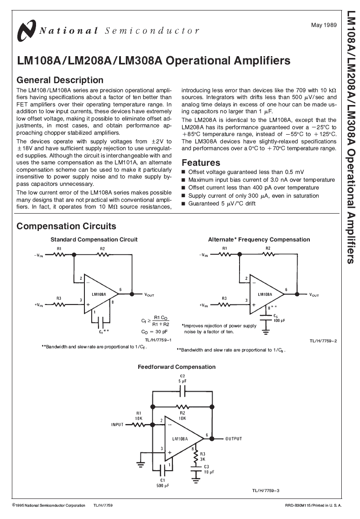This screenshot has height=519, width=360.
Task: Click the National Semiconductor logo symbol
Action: [x=26, y=31]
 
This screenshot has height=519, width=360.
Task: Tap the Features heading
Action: [x=201, y=163]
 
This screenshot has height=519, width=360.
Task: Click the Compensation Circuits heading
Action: [x=66, y=226]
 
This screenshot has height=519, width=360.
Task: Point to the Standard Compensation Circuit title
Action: [x=94, y=239]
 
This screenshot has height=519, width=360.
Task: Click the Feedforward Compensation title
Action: [x=177, y=367]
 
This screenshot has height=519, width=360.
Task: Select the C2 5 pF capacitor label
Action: [x=183, y=378]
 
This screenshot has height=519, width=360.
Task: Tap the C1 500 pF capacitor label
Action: [x=162, y=483]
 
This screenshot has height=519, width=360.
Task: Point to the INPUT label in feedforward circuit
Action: [x=117, y=425]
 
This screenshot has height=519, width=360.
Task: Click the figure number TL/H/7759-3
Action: [x=265, y=490]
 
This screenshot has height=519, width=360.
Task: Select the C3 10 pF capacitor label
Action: [x=206, y=469]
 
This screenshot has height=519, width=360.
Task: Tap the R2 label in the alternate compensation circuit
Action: [x=268, y=248]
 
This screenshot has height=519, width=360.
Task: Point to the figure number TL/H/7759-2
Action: [x=323, y=341]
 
